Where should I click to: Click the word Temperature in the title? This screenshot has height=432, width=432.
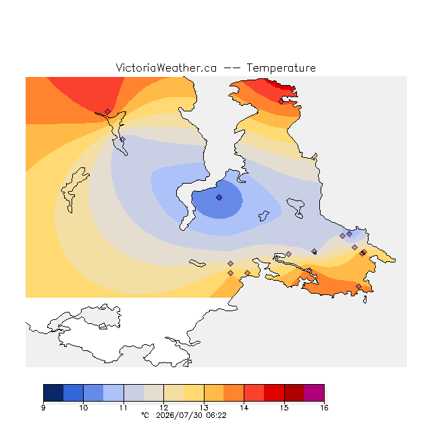point(281,68)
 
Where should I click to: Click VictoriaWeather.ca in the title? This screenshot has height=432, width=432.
point(166,68)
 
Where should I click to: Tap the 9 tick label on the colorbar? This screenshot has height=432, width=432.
point(43,408)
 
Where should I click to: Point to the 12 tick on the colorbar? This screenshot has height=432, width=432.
point(163,408)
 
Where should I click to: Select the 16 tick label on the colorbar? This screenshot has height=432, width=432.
point(324,408)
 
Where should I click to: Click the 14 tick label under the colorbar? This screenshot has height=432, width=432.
point(244,408)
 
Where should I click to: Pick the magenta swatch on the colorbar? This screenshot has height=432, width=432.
point(314,393)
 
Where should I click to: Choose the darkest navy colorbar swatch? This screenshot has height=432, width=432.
point(53,393)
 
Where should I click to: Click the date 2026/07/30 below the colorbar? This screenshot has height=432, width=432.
point(180,416)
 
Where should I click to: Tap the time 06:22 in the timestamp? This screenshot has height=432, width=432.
point(216,416)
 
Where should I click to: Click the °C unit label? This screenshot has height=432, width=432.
point(145,416)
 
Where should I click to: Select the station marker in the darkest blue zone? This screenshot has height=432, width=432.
point(219,198)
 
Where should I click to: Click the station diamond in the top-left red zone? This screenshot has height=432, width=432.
point(107,111)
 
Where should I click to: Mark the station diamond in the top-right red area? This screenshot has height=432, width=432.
point(281,102)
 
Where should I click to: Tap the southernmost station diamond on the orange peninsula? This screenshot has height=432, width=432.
point(358,287)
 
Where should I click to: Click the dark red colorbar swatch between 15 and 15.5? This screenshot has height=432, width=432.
point(294,393)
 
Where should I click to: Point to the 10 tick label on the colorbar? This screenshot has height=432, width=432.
point(84,408)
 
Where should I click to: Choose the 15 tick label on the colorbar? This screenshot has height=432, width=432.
point(284,408)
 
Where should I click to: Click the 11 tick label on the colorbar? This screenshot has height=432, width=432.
point(124,408)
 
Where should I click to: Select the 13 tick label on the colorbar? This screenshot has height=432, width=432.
point(204,408)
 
